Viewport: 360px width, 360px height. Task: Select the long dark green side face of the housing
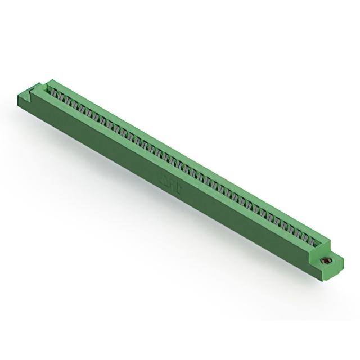tap(141, 163)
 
